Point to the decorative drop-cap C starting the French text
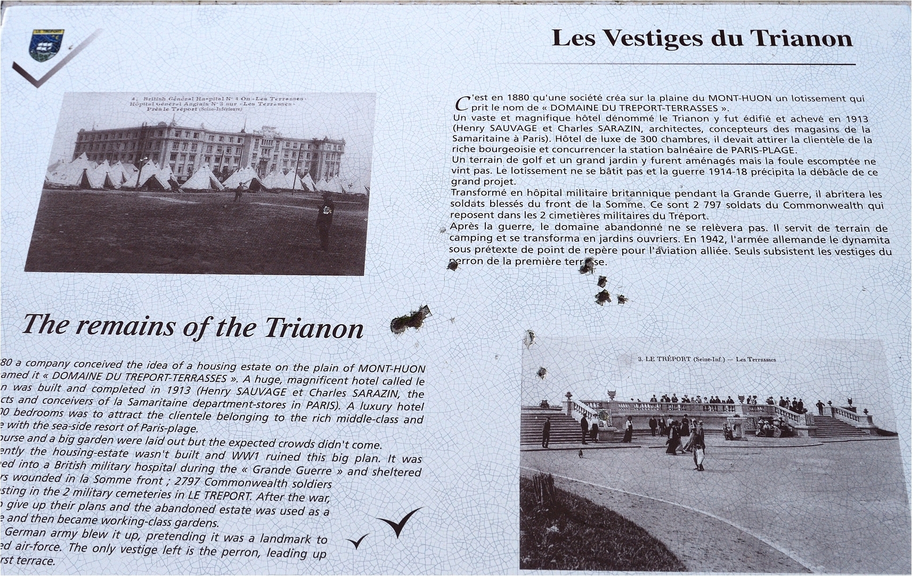(462, 102)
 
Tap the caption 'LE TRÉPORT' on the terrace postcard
(667, 359)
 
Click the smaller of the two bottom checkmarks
(358, 542)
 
